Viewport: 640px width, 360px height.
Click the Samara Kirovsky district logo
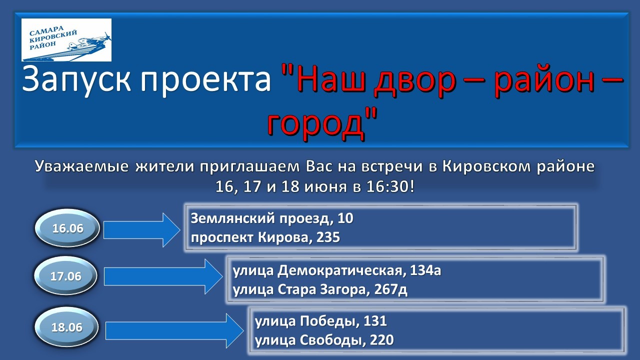(66, 40)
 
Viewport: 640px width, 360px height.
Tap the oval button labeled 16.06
(67, 228)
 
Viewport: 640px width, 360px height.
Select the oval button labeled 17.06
(65, 275)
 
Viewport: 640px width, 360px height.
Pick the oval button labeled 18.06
(66, 327)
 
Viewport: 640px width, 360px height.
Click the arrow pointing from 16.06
(141, 229)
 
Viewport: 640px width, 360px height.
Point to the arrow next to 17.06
(163, 276)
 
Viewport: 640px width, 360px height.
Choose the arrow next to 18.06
(174, 331)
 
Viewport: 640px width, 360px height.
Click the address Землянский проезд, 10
(272, 218)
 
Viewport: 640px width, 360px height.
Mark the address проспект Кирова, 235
(265, 237)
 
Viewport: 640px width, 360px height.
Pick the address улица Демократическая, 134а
(337, 270)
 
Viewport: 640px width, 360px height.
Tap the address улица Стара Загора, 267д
(320, 289)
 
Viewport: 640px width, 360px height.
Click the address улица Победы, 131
(321, 321)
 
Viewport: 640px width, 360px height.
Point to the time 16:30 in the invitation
(387, 187)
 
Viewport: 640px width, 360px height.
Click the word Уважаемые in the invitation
(81, 167)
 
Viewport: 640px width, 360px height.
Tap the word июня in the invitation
(325, 187)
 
